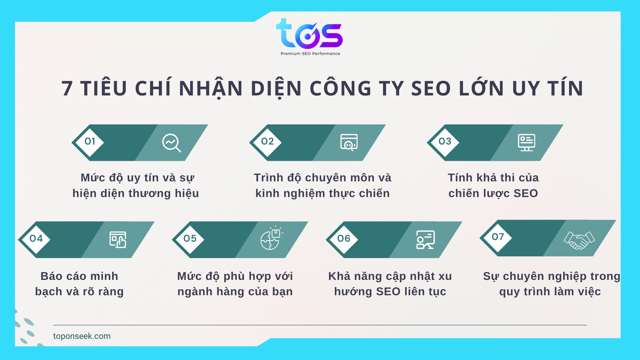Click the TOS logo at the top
click(309, 34)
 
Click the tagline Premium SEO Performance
click(310, 54)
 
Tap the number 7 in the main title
click(67, 89)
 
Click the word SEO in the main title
click(431, 89)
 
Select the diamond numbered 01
click(90, 142)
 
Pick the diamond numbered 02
click(267, 142)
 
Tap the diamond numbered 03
click(445, 142)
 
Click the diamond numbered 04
click(36, 239)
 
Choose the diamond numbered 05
click(190, 239)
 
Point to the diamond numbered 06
click(344, 239)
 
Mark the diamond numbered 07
click(498, 237)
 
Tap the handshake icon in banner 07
click(579, 240)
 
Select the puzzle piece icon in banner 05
click(271, 238)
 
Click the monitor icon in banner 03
click(527, 142)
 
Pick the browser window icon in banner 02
click(349, 142)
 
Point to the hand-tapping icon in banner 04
click(118, 240)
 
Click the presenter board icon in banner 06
click(425, 240)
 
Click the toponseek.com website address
click(82, 336)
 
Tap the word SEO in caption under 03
click(525, 193)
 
